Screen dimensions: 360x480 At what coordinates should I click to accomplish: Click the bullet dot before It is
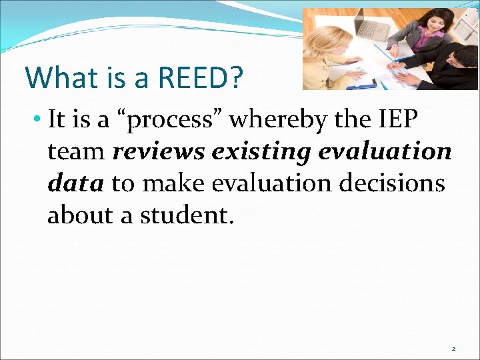point(39,121)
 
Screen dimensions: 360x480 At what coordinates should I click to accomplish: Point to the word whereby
point(265,120)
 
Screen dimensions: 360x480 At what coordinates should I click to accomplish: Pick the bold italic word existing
point(265,152)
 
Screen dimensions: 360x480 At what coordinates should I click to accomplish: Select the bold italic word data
point(75,184)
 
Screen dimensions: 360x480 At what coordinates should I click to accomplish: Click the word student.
point(189,216)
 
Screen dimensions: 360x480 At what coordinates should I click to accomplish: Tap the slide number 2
point(454,349)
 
